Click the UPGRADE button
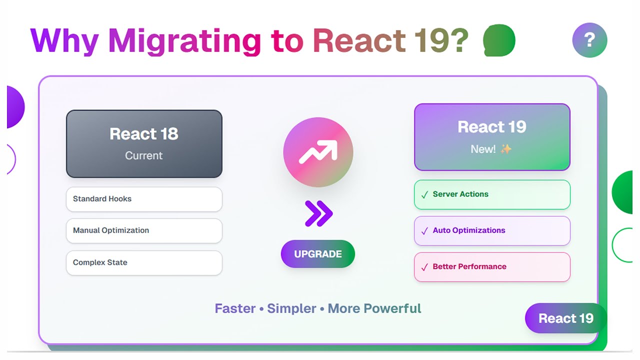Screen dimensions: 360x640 (318, 254)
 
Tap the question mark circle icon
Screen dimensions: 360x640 (589, 40)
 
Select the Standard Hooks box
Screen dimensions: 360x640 (144, 199)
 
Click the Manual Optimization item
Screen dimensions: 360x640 (144, 230)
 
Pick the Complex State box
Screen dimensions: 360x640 (144, 262)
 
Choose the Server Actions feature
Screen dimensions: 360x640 (492, 194)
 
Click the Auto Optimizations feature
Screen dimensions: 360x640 (492, 230)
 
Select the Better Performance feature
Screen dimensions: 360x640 (492, 267)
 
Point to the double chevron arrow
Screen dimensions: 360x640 (318, 213)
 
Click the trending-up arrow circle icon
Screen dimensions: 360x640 (318, 152)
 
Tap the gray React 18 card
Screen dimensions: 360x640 (144, 144)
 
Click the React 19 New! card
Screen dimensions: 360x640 (492, 137)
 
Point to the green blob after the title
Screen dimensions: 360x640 (499, 40)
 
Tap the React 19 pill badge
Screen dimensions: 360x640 (565, 318)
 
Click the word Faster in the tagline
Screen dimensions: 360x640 (235, 308)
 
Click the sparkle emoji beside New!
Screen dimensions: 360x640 (506, 149)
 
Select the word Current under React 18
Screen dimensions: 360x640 (144, 155)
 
